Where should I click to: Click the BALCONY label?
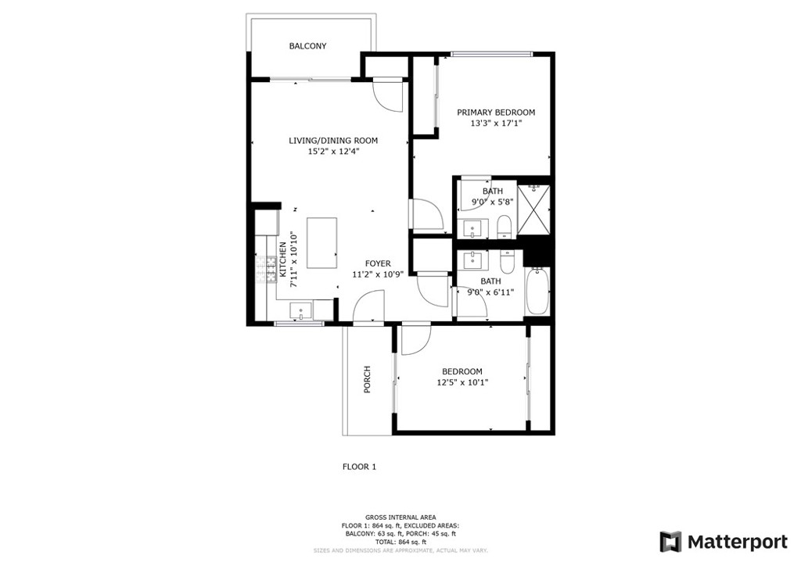pyautogui.click(x=307, y=46)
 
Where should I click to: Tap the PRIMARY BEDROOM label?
pyautogui.click(x=495, y=113)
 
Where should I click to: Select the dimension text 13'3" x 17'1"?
pyautogui.click(x=495, y=123)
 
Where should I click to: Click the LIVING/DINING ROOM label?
pyautogui.click(x=333, y=141)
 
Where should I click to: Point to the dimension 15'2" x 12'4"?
pyautogui.click(x=333, y=151)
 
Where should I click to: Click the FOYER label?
pyautogui.click(x=378, y=263)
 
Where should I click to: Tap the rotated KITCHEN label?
pyautogui.click(x=282, y=260)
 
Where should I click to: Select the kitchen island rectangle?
pyautogui.click(x=321, y=243)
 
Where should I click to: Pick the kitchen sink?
pyautogui.click(x=301, y=310)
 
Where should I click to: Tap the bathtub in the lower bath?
pyautogui.click(x=537, y=291)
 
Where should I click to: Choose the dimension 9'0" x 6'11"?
pyautogui.click(x=491, y=292)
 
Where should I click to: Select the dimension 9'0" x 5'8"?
pyautogui.click(x=493, y=202)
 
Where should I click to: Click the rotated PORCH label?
pyautogui.click(x=367, y=379)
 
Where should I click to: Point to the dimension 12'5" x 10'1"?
pyautogui.click(x=462, y=382)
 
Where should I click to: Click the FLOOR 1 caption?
pyautogui.click(x=359, y=467)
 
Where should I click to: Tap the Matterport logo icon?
pyautogui.click(x=670, y=542)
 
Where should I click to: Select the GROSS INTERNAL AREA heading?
pyautogui.click(x=400, y=518)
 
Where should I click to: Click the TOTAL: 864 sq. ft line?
pyautogui.click(x=400, y=542)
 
